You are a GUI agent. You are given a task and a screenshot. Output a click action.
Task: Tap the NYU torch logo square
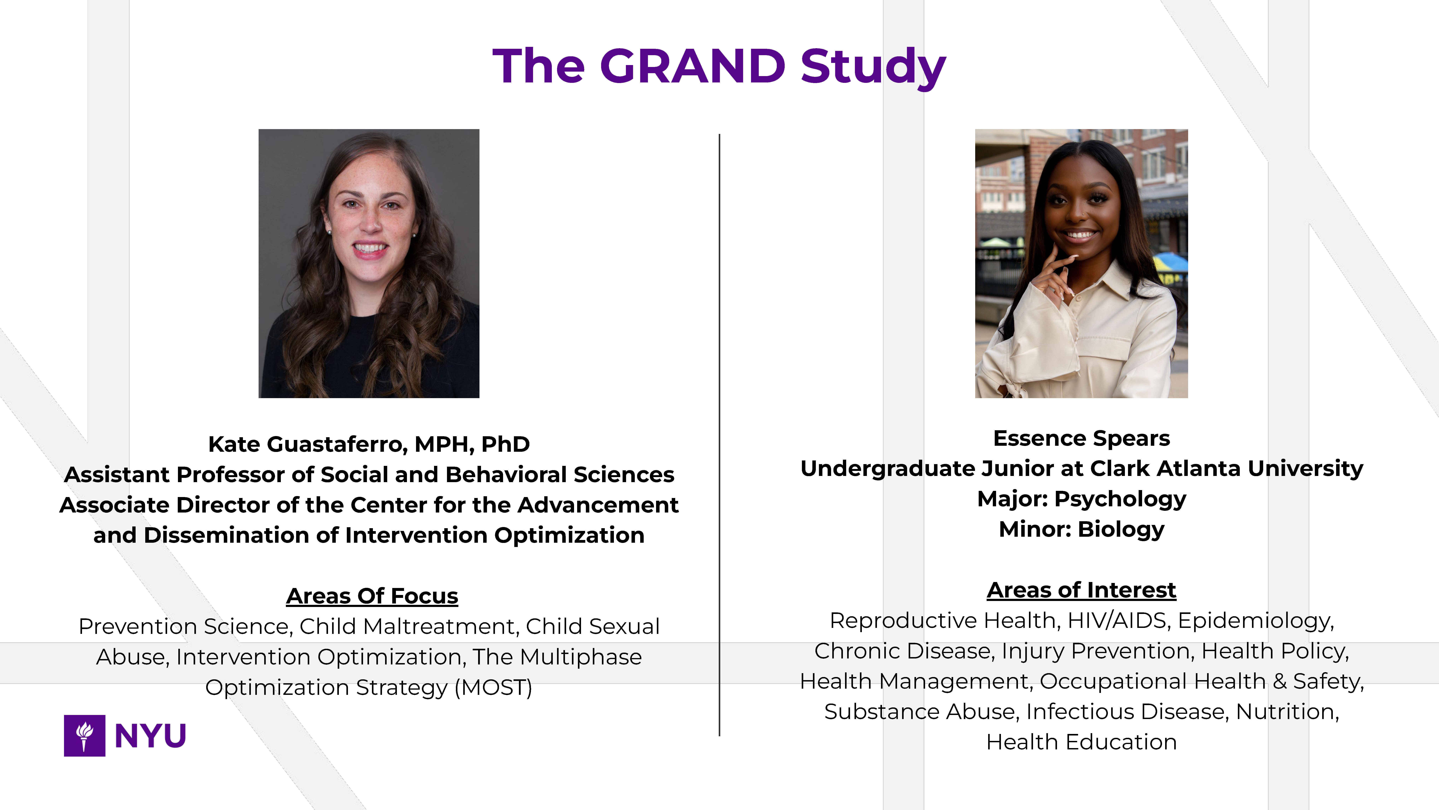coord(84,736)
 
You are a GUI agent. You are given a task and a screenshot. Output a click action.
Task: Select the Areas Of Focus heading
coord(372,596)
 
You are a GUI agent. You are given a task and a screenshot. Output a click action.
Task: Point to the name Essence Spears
coord(1082,438)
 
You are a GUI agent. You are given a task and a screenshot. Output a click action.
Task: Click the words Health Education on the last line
coord(1082,742)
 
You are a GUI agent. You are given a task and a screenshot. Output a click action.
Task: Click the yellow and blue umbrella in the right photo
coord(1172,263)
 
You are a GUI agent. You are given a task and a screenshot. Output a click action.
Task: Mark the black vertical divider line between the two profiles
coord(719,435)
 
